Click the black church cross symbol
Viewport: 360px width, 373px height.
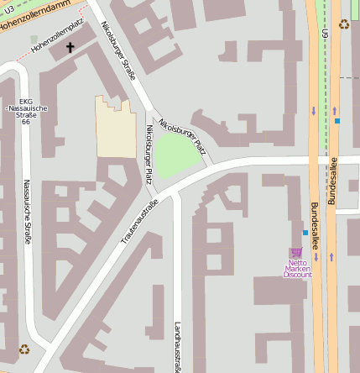point(70,48)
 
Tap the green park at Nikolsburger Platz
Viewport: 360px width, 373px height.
point(179,155)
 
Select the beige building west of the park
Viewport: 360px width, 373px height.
point(116,128)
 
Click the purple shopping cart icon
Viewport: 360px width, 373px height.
point(295,252)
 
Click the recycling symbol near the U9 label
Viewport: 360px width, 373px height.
point(343,24)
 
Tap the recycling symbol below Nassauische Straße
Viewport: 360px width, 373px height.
point(24,349)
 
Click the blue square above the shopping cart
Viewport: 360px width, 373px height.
point(305,233)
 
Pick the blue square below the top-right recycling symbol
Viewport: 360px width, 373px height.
point(337,121)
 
